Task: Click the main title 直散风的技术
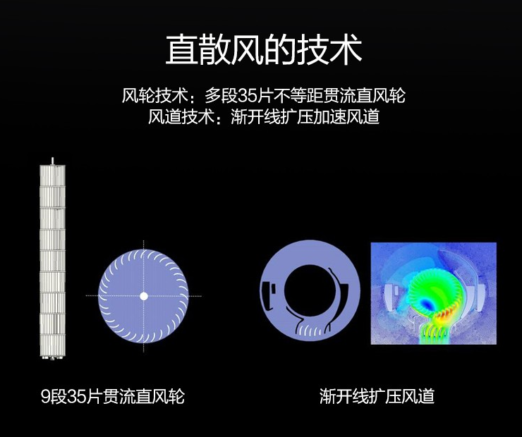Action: (264, 50)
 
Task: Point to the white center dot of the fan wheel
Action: (143, 296)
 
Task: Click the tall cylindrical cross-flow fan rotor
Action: (53, 259)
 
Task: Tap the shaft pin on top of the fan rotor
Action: (52, 161)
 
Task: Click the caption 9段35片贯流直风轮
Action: (113, 396)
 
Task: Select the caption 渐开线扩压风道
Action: (377, 396)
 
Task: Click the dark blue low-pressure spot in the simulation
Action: (426, 304)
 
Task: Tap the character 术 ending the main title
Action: (346, 50)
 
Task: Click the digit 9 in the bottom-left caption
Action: (46, 396)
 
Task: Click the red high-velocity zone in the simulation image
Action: (445, 314)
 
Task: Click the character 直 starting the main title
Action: (181, 50)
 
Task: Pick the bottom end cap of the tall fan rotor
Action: (53, 358)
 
